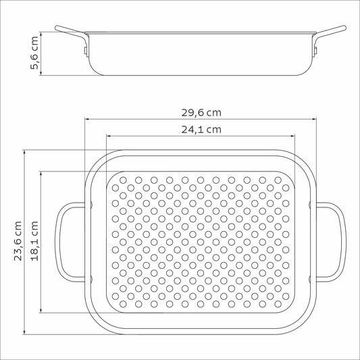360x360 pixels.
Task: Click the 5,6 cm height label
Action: click(34, 53)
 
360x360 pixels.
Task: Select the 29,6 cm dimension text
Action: click(201, 113)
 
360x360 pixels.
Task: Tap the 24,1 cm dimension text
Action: click(201, 130)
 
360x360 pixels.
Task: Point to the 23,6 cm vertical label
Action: click(18, 241)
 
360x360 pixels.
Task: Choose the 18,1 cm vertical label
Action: click(34, 241)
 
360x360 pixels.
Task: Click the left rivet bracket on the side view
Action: click(86, 51)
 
